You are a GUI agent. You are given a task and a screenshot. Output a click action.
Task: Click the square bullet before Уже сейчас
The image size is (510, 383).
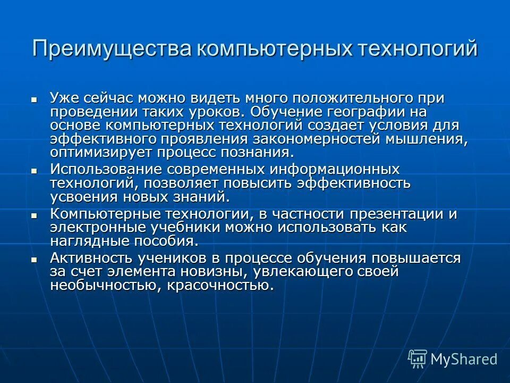tap(34, 99)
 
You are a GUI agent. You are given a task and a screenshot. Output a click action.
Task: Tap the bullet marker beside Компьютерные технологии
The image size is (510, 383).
tap(34, 216)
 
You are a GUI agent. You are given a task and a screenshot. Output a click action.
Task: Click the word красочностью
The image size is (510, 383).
tap(221, 286)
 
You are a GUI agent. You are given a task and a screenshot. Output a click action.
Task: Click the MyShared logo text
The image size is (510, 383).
tap(464, 359)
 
